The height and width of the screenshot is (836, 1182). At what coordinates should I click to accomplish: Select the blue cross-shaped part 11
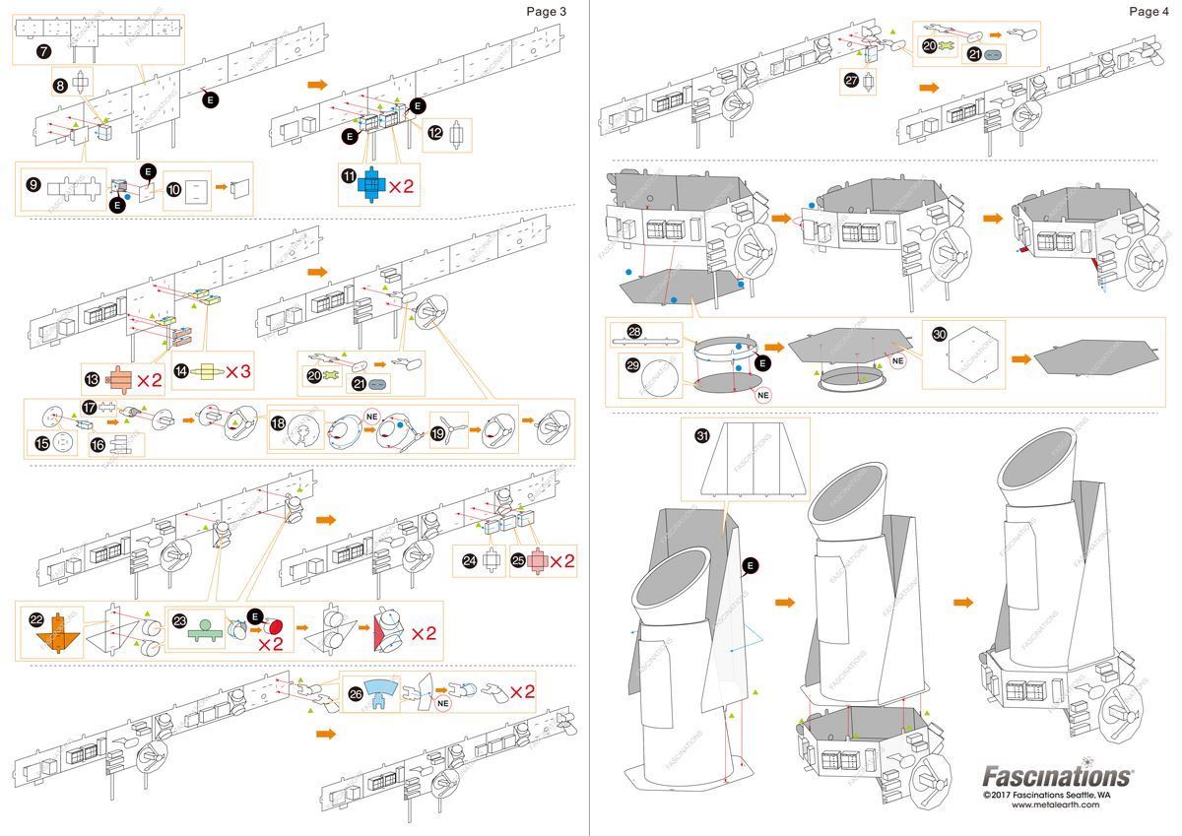371,184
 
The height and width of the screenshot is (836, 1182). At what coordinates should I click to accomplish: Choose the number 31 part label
702,435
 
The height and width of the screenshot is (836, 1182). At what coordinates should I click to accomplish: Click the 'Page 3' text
547,12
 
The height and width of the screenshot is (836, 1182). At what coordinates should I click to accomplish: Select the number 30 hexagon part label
940,335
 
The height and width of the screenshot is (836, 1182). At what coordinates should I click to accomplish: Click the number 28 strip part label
634,332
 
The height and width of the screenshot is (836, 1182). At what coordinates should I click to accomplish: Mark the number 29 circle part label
633,363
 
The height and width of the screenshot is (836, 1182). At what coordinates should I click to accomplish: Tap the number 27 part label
853,83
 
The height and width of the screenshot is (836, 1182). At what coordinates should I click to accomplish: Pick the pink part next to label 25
536,561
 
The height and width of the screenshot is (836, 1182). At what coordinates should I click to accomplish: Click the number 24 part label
470,560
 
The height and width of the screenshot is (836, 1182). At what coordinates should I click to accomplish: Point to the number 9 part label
33,184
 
